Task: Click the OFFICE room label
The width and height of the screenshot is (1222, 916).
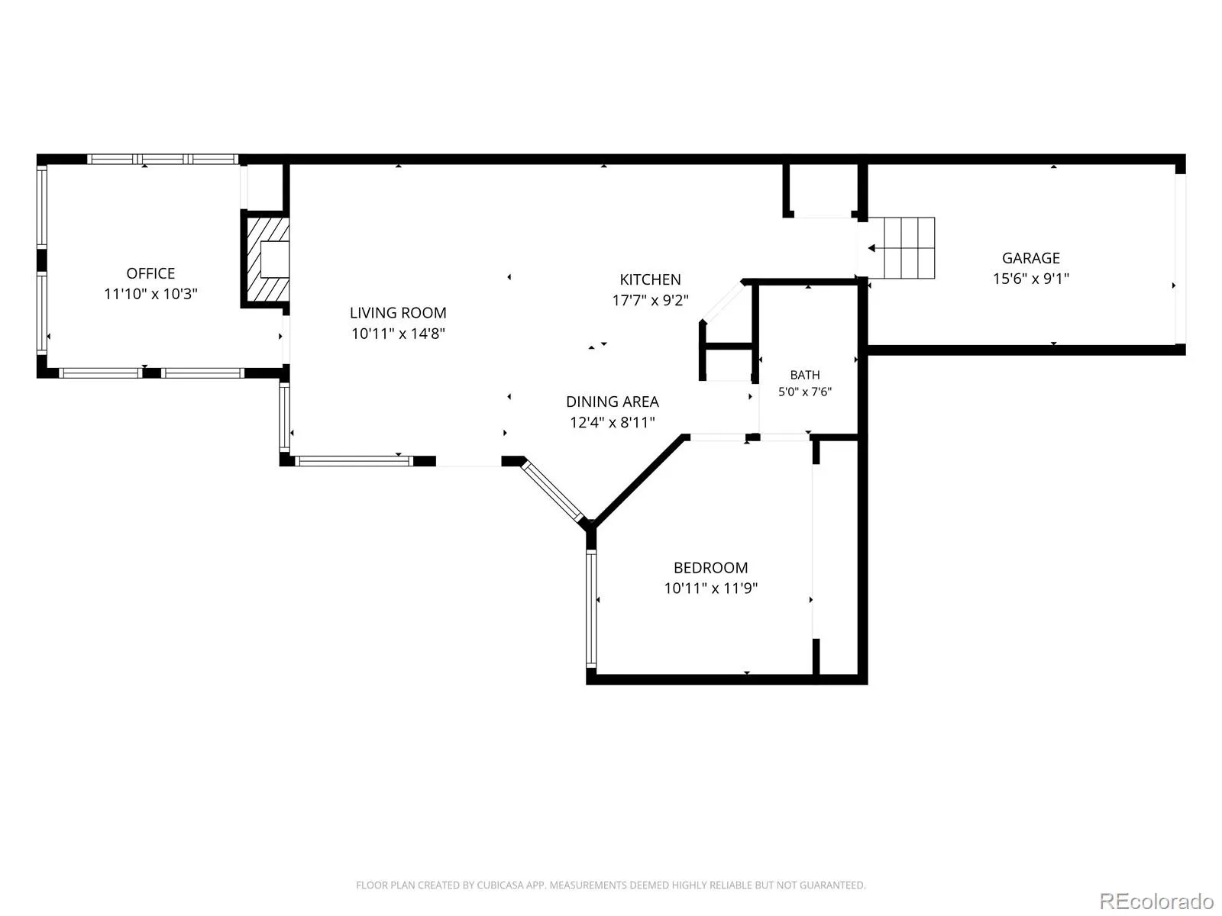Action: tap(150, 273)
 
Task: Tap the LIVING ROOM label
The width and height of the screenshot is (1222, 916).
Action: tap(397, 312)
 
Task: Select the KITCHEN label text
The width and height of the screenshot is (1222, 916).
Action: tap(650, 279)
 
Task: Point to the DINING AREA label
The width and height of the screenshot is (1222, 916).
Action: tap(613, 402)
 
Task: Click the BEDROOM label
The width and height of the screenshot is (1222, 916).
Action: tap(710, 568)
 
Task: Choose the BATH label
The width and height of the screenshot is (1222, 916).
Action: tap(804, 375)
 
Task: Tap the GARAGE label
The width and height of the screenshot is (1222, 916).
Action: tap(1030, 258)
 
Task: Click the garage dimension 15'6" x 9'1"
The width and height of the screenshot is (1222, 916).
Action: tap(1030, 278)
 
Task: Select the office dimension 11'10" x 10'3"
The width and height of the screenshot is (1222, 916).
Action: tap(150, 294)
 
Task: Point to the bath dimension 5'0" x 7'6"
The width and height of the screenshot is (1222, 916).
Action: tap(804, 392)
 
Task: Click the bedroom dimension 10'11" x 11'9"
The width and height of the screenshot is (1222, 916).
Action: tap(710, 588)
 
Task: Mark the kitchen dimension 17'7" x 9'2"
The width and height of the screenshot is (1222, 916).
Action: tap(650, 300)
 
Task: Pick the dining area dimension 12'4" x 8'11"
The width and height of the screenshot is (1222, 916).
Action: tap(613, 422)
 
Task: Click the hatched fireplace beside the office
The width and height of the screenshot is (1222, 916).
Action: tap(267, 260)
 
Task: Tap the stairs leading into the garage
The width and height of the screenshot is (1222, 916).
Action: tap(901, 248)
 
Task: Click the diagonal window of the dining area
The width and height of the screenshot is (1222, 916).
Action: tap(552, 491)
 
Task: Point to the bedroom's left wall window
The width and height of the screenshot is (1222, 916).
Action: tap(591, 608)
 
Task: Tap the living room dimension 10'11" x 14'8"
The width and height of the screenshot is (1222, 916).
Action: tap(397, 333)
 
